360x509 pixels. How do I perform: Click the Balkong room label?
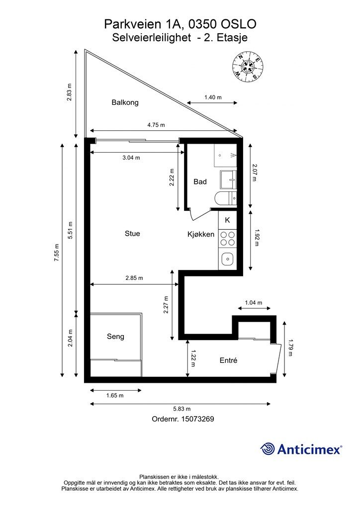(125, 102)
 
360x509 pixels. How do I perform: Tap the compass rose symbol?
(248, 67)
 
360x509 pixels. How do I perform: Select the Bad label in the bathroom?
(200, 182)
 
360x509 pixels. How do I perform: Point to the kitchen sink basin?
(228, 259)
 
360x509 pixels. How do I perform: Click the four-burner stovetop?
(228, 238)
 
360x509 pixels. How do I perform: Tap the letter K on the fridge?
(228, 220)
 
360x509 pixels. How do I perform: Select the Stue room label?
(132, 234)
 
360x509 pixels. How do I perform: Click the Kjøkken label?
(201, 235)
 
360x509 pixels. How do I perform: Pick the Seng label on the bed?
(115, 337)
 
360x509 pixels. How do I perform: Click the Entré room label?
(229, 360)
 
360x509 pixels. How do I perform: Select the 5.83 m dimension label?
(182, 409)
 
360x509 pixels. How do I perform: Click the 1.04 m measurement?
(254, 303)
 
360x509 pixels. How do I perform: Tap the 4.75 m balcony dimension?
(156, 125)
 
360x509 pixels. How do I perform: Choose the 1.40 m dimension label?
(213, 97)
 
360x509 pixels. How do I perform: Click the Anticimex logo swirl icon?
(268, 449)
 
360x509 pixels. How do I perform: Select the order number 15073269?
(198, 419)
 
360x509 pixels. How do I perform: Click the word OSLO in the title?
(239, 24)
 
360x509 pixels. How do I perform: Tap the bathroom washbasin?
(229, 179)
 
